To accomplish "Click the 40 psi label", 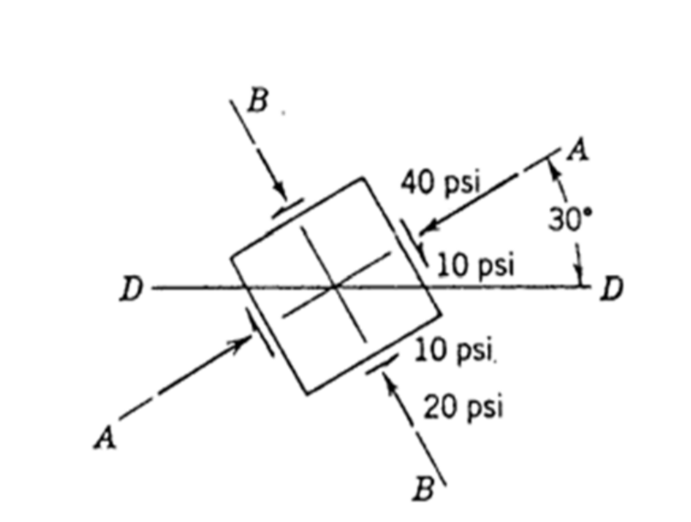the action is point(440,183).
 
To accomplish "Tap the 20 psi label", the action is point(463,408).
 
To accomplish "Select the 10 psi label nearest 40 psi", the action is point(477,265).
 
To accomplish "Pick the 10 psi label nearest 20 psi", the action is point(455,350).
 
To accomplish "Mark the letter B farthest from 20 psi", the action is point(258,102).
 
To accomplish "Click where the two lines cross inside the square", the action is point(335,286).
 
